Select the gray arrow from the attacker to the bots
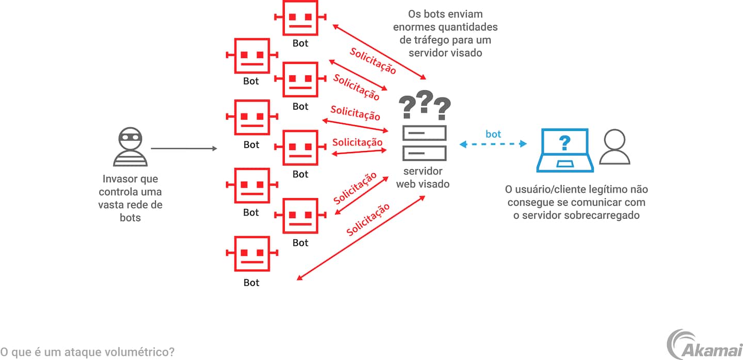[x=184, y=149]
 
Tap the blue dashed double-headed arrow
[x=493, y=144]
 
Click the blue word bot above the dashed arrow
[x=493, y=134]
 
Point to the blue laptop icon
[x=565, y=150]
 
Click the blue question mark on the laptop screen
[x=565, y=142]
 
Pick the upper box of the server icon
[x=424, y=133]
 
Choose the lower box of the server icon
[x=424, y=153]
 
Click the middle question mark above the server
[x=424, y=102]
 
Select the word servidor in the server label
[x=423, y=171]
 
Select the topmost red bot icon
[x=300, y=18]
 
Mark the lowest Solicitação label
[x=368, y=220]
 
